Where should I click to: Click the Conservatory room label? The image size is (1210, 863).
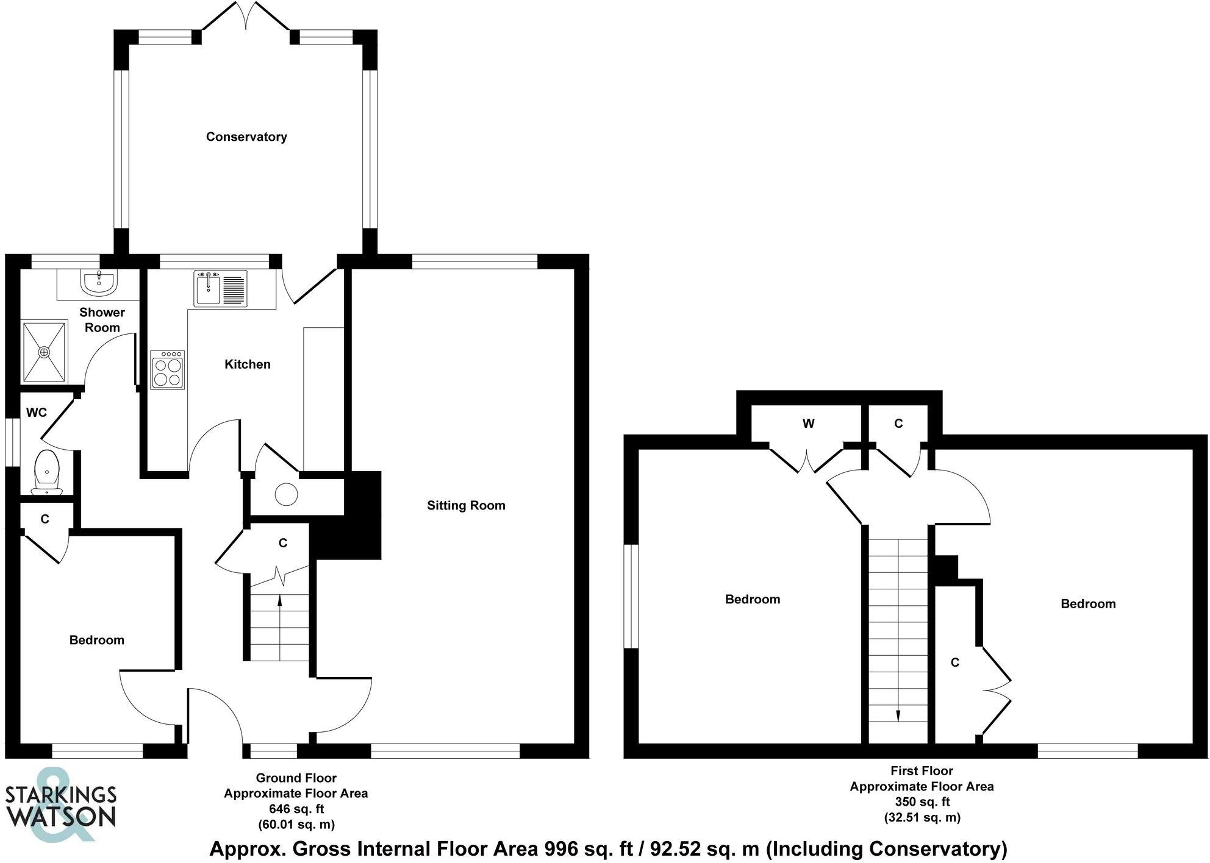tap(246, 137)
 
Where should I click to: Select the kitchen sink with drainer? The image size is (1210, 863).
tap(220, 288)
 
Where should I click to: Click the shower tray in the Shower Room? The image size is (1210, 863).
tap(44, 352)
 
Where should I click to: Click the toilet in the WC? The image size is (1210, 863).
tap(46, 471)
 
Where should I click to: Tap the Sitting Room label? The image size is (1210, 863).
tap(466, 505)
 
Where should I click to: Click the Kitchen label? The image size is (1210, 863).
tap(247, 364)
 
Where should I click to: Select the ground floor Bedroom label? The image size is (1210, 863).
tap(96, 640)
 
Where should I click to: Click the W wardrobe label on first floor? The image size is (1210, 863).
tap(808, 424)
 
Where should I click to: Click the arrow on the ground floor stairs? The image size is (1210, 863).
tap(280, 600)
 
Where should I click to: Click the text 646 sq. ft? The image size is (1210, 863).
tap(296, 809)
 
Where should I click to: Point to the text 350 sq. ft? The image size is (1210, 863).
tap(922, 802)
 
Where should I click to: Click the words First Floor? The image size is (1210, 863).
tap(922, 771)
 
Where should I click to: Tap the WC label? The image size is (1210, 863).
tap(37, 413)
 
